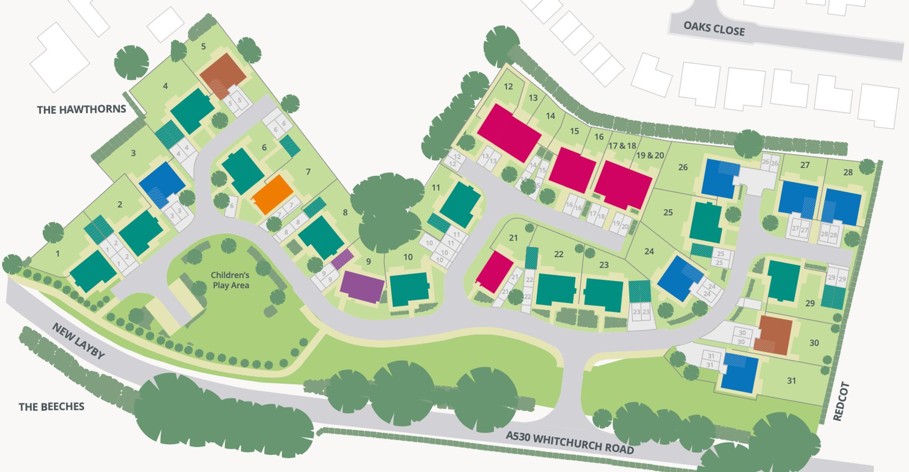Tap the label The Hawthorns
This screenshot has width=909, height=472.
point(82,109)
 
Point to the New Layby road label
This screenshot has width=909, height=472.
point(78,341)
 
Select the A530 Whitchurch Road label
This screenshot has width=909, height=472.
point(570,443)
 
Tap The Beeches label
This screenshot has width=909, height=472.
point(52,407)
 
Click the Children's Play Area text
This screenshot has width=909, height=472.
point(230,280)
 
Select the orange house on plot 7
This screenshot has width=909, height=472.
point(272,194)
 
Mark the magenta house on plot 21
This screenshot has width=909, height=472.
point(495,271)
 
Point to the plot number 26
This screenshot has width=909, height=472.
point(683,167)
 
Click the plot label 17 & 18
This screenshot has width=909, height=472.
point(622,146)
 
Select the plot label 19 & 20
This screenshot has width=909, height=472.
point(650,155)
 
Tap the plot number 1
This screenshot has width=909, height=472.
point(58,254)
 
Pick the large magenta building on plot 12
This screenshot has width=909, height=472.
point(509,132)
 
